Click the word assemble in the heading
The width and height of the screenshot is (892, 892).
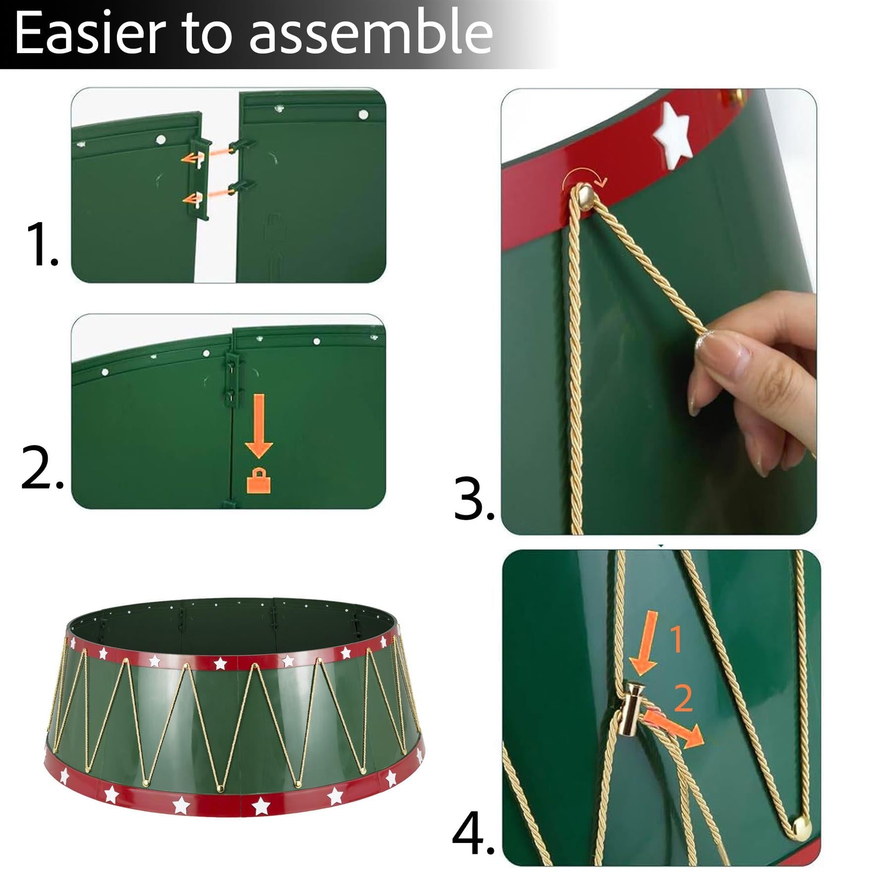click(371, 34)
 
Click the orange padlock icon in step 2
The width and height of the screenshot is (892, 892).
click(259, 481)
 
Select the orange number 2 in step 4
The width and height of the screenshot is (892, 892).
click(683, 699)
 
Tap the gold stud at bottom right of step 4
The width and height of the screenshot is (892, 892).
click(801, 827)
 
